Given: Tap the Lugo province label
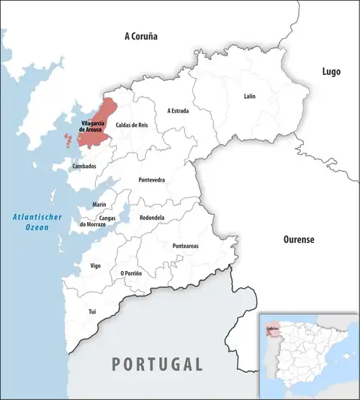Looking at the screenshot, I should (331, 71).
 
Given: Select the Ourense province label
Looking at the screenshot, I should (297, 239).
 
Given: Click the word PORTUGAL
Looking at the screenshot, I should (157, 364).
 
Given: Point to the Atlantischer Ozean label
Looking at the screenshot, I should (37, 222).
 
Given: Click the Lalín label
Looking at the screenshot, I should (249, 96).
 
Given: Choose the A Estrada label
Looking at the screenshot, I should (178, 110).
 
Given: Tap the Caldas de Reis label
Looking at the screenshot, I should (132, 125).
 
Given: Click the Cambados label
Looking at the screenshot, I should (84, 166).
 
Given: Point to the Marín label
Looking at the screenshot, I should (99, 205).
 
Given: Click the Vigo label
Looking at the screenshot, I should (95, 266).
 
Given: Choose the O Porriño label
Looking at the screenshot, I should (131, 274).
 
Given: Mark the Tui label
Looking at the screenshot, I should (91, 311).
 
